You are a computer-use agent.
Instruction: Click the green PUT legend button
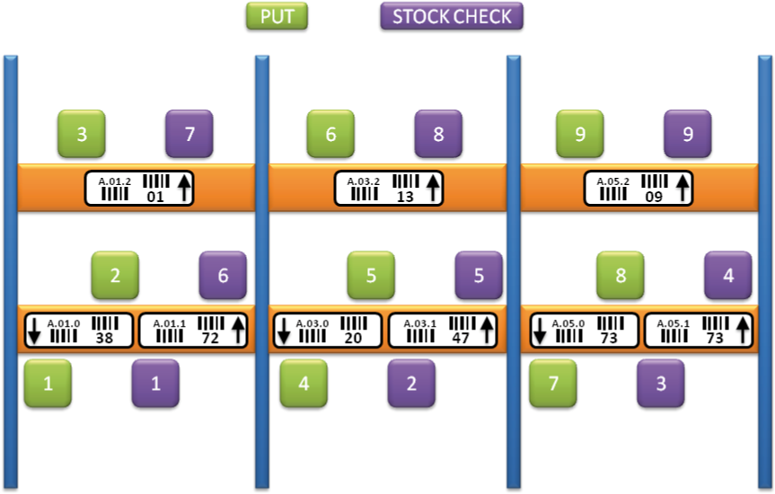coord(277,16)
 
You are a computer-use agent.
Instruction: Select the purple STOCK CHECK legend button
coord(452,16)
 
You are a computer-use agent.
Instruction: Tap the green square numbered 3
coord(81,134)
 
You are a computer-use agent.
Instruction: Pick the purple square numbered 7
coord(189,134)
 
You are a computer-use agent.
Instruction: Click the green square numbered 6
coord(330,134)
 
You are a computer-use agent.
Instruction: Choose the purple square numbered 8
coord(438,134)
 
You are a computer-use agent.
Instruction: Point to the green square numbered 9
coord(579,134)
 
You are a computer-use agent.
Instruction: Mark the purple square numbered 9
coord(688,134)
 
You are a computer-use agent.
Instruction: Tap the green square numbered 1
coord(48,384)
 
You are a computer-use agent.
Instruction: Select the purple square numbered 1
coord(155,384)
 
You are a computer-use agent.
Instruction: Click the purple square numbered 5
coord(479,275)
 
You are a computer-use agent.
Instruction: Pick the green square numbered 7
coord(553,384)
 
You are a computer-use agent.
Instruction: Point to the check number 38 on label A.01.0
coord(103,338)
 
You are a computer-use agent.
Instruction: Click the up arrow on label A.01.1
coord(238,330)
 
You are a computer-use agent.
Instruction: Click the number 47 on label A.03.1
coord(459,338)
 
